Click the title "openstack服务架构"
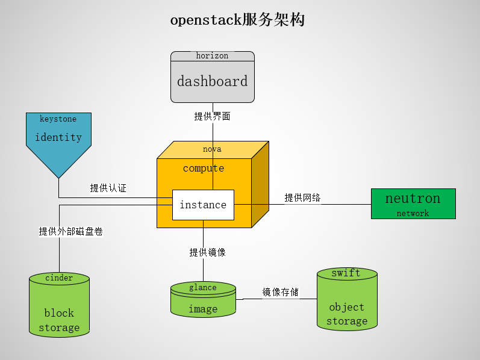(237, 20)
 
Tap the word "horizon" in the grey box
(212, 55)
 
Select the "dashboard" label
(212, 81)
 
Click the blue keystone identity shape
(58, 141)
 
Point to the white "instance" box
(203, 205)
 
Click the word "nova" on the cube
(212, 149)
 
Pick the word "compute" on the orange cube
(204, 168)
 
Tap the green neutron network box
(413, 203)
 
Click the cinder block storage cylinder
(59, 307)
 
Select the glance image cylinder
(203, 300)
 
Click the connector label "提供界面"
(212, 116)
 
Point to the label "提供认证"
(108, 188)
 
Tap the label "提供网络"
(302, 197)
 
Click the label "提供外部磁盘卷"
(71, 231)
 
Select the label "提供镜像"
(208, 252)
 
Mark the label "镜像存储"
(280, 293)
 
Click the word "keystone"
(58, 119)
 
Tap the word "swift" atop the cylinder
(346, 273)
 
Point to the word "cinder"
(59, 278)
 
